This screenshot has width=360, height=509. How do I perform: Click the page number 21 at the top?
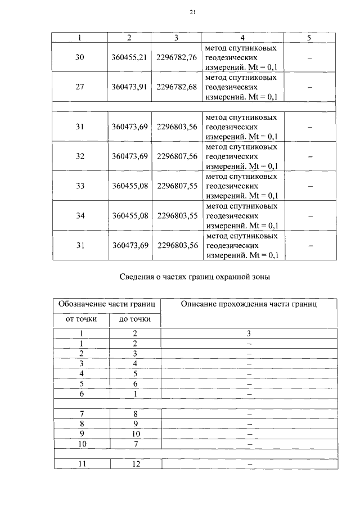point(192,12)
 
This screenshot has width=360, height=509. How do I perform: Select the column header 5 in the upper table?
point(309,38)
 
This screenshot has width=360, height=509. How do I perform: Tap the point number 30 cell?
point(79,57)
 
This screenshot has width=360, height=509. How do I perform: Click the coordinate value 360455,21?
point(129,57)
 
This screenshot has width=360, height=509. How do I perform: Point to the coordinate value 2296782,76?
point(177,57)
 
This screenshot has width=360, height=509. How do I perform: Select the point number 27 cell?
point(79,87)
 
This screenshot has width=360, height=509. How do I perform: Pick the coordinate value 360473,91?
point(129,87)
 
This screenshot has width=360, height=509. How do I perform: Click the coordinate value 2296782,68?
point(177,87)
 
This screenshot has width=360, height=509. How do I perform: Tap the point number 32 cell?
point(79,156)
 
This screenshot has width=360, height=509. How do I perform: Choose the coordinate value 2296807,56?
point(177,156)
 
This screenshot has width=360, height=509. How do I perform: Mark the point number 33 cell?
point(79,186)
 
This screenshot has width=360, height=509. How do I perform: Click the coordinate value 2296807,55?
point(177,186)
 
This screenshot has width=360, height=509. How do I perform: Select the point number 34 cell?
point(79,215)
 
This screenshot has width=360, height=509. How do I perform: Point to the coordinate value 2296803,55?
point(177,215)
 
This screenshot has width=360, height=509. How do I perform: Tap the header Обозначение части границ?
point(107,304)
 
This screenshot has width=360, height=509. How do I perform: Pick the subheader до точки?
point(135,319)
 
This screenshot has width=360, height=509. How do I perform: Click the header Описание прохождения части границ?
point(249,304)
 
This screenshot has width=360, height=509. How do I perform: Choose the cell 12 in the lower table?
point(135,463)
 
